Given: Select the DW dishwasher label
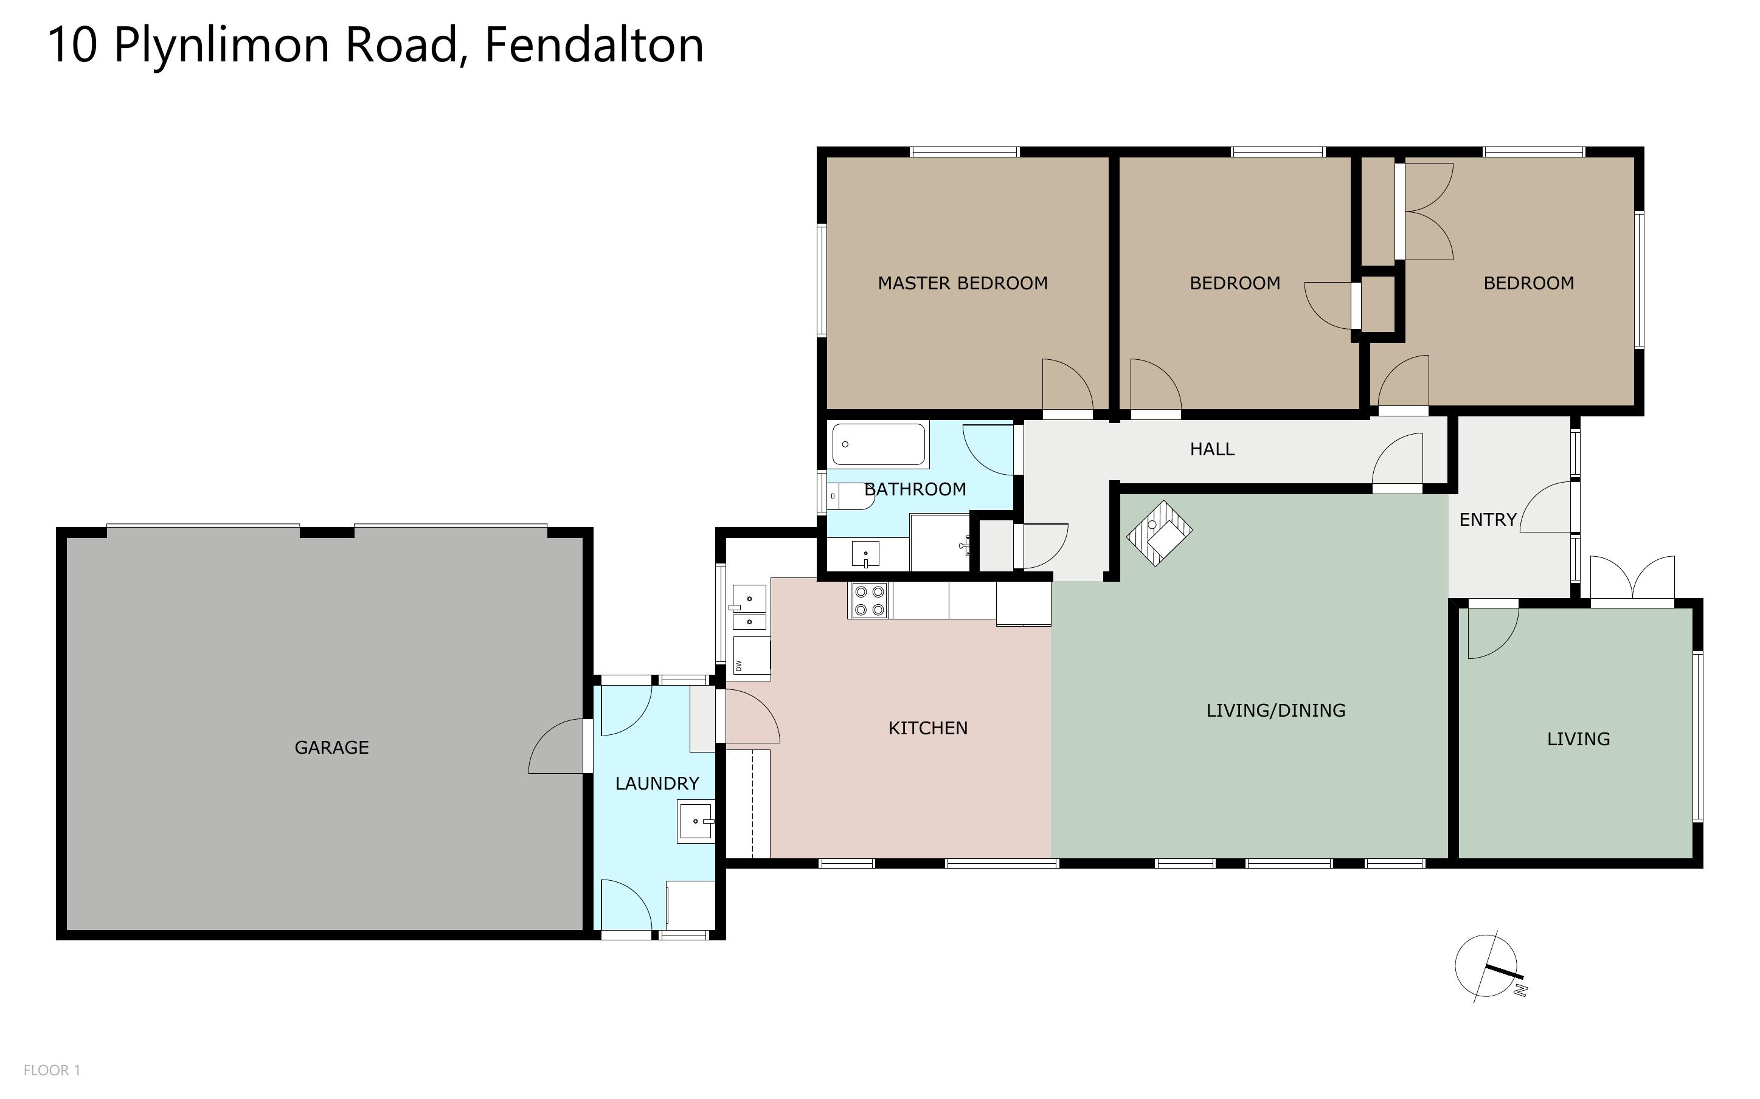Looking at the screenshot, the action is click(x=738, y=665).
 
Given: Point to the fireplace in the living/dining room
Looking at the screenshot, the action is click(x=1159, y=532).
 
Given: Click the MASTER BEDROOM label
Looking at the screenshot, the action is click(x=963, y=283).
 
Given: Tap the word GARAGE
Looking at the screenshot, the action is click(x=331, y=747).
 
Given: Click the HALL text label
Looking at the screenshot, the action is click(x=1212, y=449).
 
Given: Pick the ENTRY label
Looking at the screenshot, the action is click(x=1488, y=520).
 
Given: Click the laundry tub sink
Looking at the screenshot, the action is click(x=696, y=821).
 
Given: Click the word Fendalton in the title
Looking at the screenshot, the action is click(x=594, y=45).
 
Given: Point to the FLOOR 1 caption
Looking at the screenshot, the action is click(x=52, y=1070).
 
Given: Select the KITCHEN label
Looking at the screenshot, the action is click(x=927, y=728).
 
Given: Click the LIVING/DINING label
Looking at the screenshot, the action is click(x=1275, y=710).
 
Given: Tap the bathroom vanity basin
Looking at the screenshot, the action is click(x=865, y=554).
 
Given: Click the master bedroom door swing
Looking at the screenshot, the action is click(x=1067, y=385).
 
